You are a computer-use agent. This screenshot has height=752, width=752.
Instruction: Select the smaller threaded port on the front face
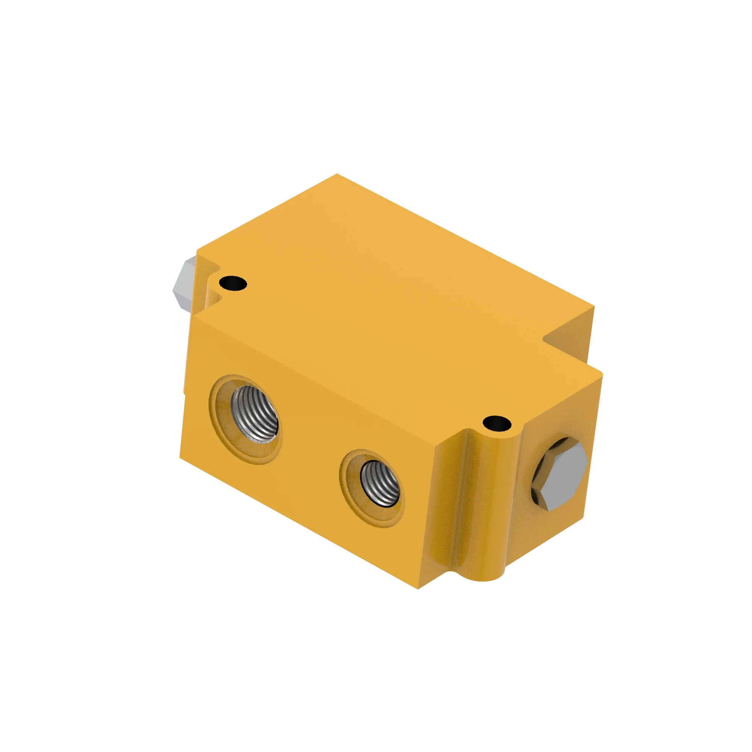tap(380, 484)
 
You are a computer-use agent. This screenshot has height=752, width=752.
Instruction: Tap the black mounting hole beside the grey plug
tap(233, 283)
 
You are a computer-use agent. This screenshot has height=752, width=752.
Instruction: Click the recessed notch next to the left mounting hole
tap(214, 296)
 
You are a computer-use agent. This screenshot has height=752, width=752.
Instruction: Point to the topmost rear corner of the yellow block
tap(337, 174)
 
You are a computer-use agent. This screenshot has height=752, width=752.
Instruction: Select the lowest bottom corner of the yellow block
tap(418, 589)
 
